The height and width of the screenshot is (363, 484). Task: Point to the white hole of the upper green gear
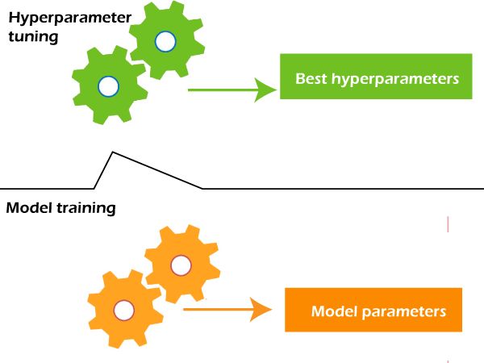click(x=165, y=40)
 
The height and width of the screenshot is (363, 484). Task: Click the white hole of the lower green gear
click(x=107, y=85)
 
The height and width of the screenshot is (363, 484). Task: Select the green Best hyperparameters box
click(x=375, y=77)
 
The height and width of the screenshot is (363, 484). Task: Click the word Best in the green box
click(x=311, y=79)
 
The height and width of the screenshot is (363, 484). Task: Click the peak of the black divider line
click(x=112, y=152)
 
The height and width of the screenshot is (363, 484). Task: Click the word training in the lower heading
click(x=86, y=208)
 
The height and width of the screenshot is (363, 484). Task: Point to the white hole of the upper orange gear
click(x=181, y=265)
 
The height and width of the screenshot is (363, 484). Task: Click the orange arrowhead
click(x=260, y=308)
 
